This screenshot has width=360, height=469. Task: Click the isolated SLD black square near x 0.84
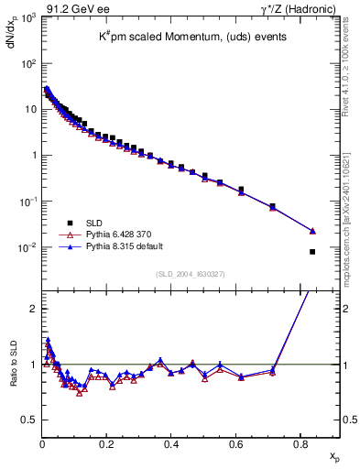pos(312,252)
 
